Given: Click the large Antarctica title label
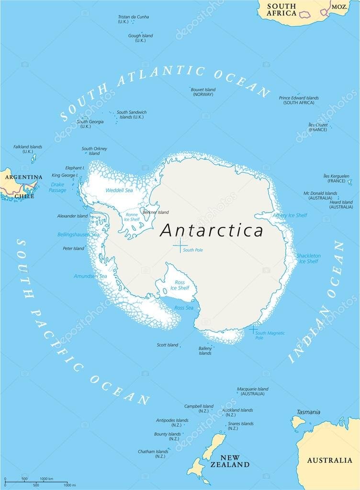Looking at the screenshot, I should point(212,230).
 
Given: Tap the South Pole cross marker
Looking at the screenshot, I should point(180,245).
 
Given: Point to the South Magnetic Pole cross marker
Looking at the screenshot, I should point(253,329).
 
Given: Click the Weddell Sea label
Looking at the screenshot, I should point(119,190).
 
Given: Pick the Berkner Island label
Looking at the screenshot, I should point(156,212).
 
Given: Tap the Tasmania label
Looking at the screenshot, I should point(308,412).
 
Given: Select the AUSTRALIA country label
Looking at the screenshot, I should point(329,460).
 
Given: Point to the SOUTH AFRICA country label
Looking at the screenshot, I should point(281,10).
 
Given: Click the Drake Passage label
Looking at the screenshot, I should point(57,187).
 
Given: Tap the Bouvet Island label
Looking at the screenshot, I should point(203,92).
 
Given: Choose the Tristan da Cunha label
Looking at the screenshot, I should point(133,19).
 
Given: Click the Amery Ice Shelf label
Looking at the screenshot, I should point(290,215).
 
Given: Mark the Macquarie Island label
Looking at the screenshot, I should point(253,391).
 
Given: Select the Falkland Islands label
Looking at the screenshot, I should point(28,149).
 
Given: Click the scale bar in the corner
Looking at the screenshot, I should point(36,481).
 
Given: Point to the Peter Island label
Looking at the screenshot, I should point(73,248).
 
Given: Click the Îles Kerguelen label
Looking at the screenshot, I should point(336,178).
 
